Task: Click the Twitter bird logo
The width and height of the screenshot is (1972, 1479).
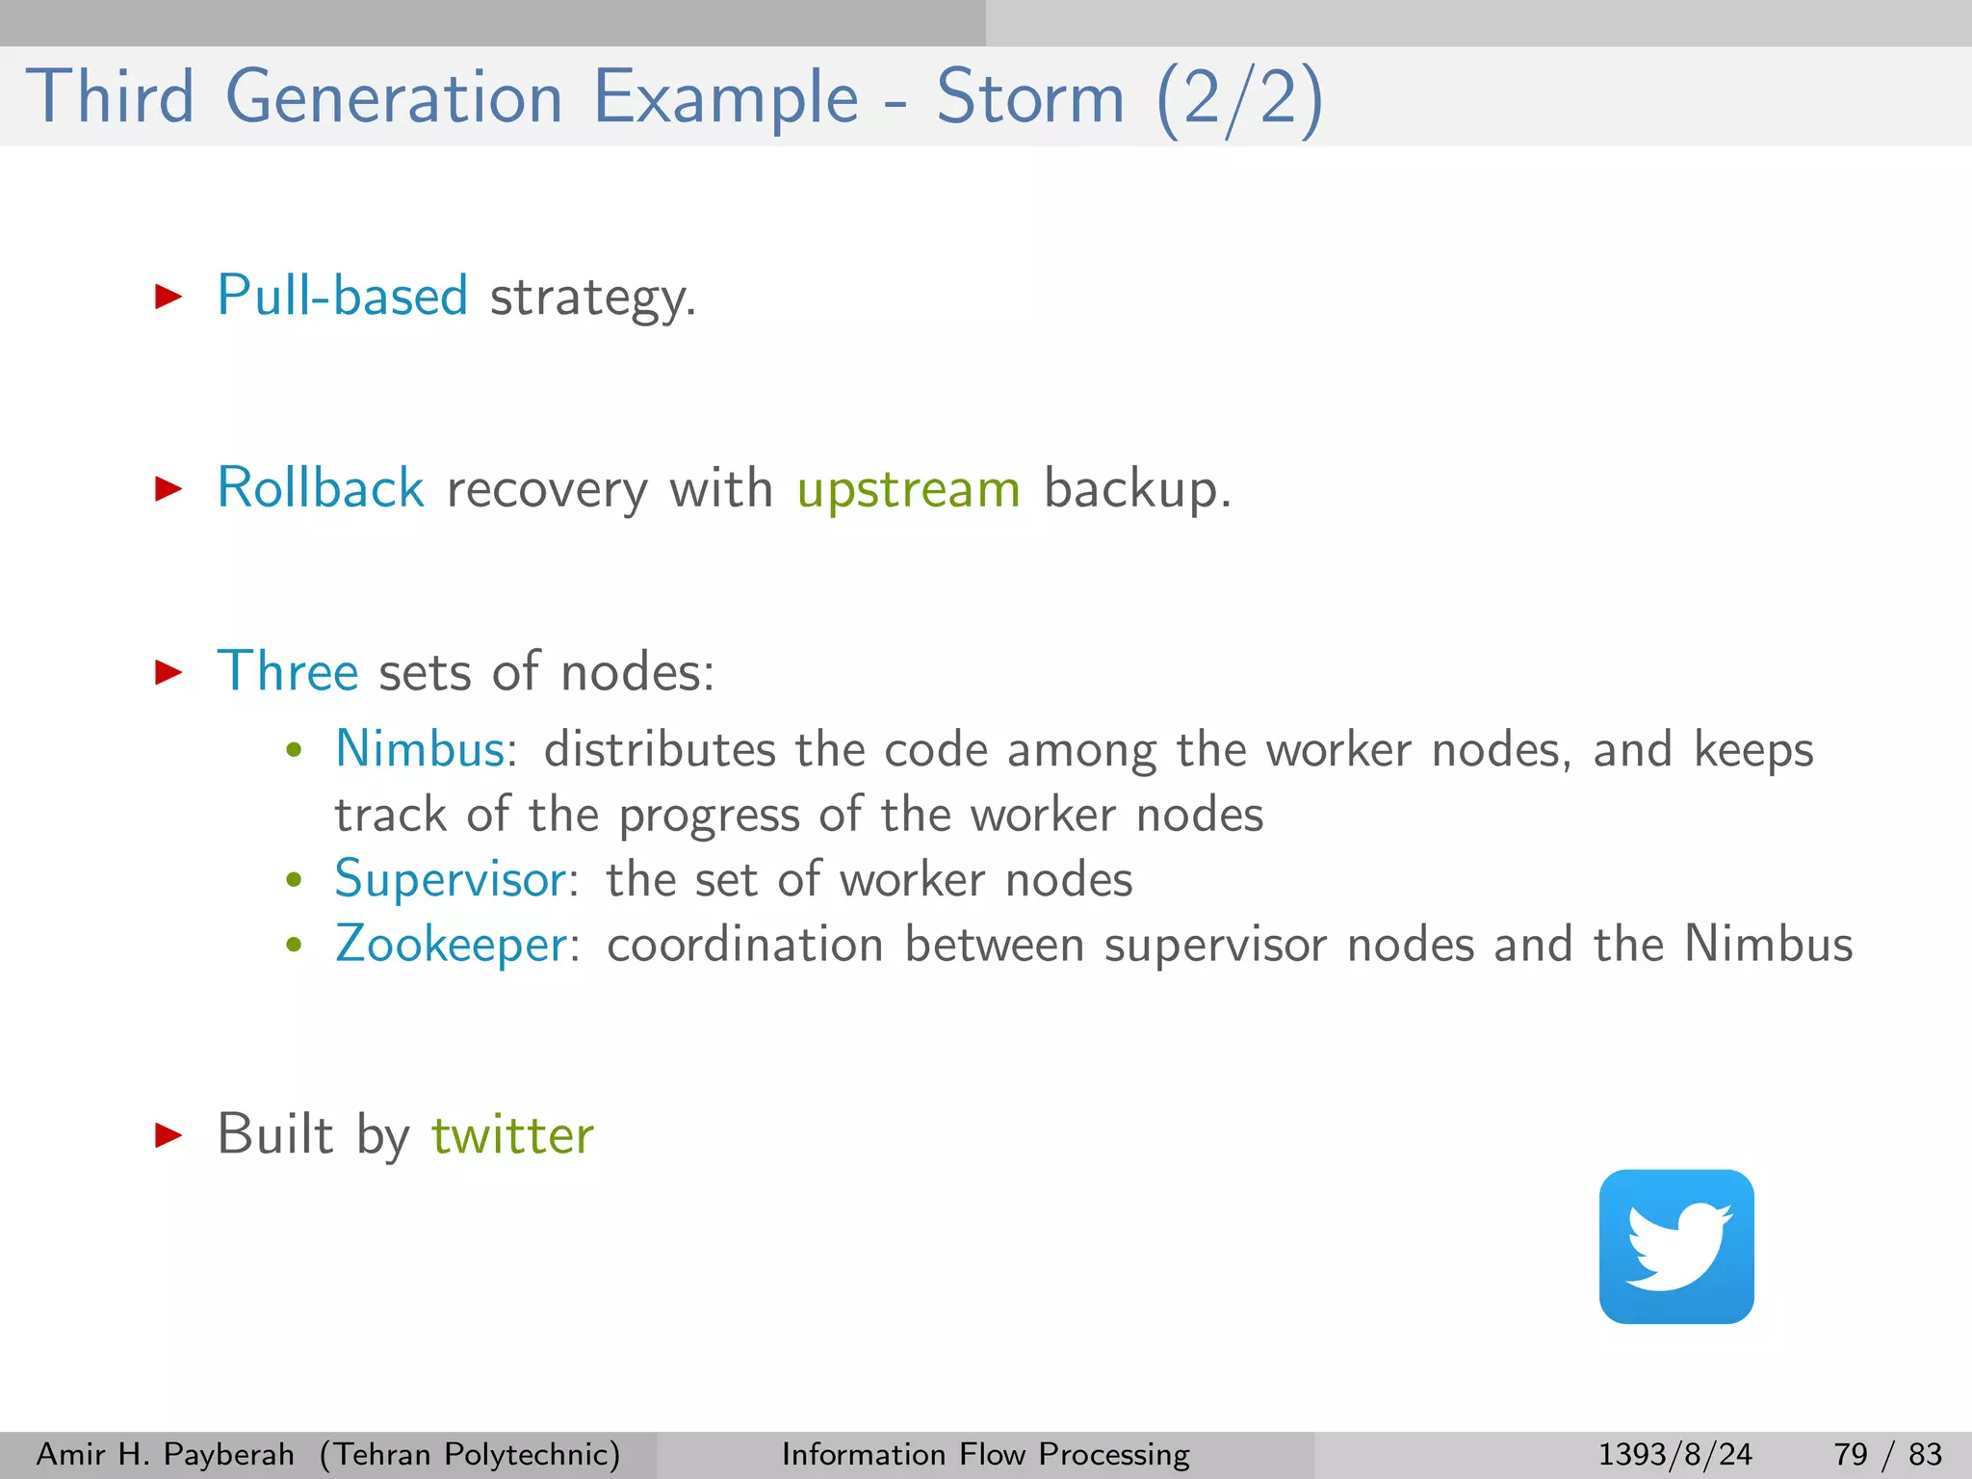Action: tap(1676, 1246)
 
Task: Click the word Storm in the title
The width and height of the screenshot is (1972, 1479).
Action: tap(1030, 98)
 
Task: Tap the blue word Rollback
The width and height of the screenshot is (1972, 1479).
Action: tap(321, 487)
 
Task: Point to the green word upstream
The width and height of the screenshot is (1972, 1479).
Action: tap(908, 489)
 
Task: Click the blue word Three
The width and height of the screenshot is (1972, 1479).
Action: tap(288, 671)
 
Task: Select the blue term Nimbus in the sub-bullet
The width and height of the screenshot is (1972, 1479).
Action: tap(420, 749)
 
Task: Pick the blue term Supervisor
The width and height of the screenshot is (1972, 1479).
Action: tap(451, 880)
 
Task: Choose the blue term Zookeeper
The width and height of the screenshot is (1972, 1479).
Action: tap(452, 944)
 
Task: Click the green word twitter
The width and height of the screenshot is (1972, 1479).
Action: tap(512, 1135)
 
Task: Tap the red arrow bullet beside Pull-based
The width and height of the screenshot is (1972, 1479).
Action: tap(169, 296)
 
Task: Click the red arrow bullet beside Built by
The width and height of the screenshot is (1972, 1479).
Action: tap(169, 1135)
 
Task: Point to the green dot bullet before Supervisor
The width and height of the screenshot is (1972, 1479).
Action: tap(295, 880)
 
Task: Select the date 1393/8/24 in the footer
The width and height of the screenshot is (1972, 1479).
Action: tap(1674, 1454)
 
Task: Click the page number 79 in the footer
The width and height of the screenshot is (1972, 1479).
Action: tap(1851, 1454)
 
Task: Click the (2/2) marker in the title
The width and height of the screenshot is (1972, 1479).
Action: tap(1239, 98)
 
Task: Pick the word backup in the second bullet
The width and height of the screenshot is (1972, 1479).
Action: tap(1131, 489)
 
